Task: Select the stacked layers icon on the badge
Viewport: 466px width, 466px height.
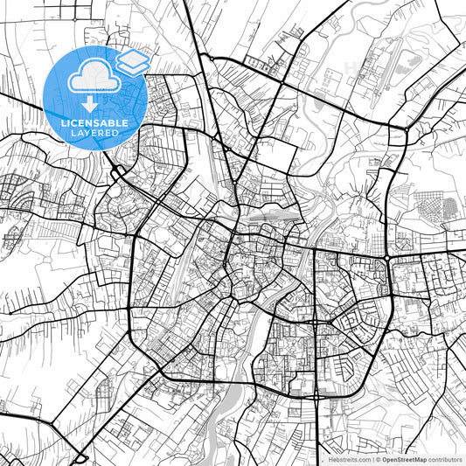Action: pos(133,63)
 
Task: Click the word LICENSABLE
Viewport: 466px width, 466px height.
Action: pos(94,123)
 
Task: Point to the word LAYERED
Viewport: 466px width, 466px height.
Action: pos(94,134)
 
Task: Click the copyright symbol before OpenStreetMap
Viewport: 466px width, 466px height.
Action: pos(377,458)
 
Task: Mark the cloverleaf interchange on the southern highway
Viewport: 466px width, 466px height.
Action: pos(314,394)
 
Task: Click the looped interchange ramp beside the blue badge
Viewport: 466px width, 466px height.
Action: pos(116,171)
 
